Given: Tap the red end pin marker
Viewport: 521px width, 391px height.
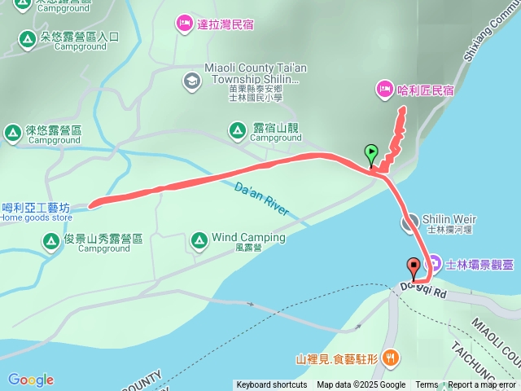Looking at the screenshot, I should [414, 265].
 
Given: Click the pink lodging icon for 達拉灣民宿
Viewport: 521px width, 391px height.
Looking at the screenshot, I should [184, 24].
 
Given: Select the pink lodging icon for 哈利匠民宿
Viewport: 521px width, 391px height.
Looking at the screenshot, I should [383, 88].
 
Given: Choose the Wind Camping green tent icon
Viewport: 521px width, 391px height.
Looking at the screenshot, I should [199, 239].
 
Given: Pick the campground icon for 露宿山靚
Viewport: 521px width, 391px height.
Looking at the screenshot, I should [237, 129].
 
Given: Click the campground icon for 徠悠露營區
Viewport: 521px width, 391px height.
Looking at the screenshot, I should [12, 132].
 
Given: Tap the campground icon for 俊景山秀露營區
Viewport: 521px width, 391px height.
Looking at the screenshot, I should [50, 239].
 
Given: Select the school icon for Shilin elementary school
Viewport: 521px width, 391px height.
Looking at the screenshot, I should [190, 80].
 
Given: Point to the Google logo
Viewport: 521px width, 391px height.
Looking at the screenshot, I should [30, 380].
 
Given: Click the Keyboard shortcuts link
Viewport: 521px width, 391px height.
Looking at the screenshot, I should [272, 385].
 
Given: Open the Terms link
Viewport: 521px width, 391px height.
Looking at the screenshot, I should [427, 385].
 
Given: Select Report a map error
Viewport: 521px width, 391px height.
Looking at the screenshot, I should [482, 385].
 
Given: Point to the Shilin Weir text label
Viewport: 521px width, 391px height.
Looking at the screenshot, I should [449, 220].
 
